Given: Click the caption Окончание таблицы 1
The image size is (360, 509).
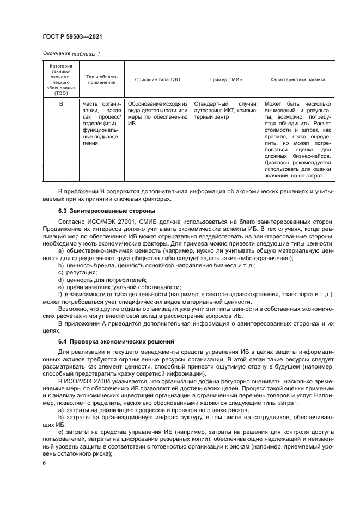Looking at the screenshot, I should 71,53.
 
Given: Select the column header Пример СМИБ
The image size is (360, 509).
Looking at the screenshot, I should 225,79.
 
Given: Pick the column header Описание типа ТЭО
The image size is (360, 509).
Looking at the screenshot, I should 157,79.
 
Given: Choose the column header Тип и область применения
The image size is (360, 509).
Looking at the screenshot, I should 101,79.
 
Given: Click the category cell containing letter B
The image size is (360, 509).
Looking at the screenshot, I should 61,103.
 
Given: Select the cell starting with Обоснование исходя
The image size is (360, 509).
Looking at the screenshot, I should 157,113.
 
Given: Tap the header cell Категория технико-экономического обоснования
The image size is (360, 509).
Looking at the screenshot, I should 61,79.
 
